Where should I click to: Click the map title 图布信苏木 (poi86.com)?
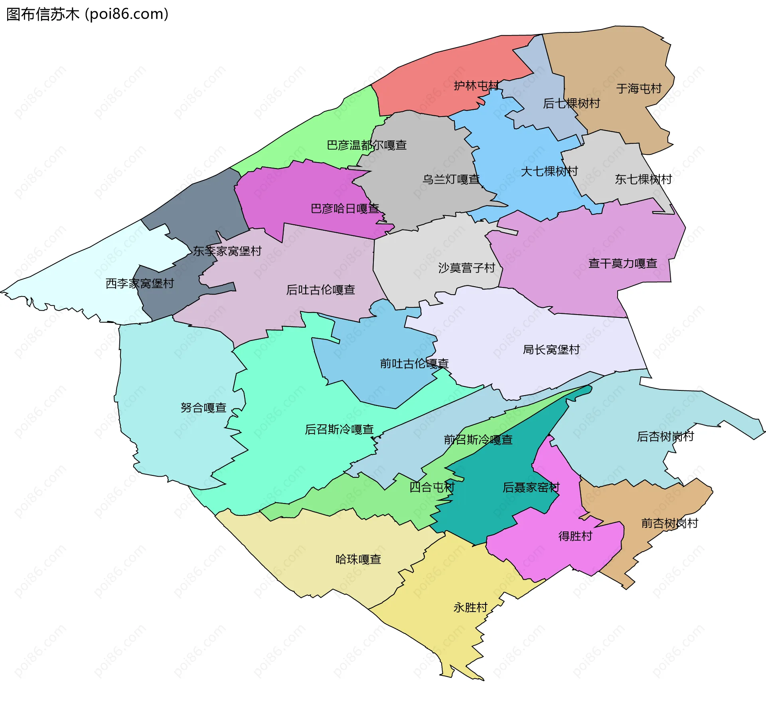coord(87,14)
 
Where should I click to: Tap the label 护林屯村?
coord(476,86)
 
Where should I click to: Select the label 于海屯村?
coord(639,88)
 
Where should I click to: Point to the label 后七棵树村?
coord(571,103)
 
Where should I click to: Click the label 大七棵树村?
coord(549,171)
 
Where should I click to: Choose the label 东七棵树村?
coord(643,179)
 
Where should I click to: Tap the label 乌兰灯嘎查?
coord(451,179)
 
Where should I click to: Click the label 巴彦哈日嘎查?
coord(345,208)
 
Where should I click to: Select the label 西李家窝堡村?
coord(140,283)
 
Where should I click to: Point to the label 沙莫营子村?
coord(466,267)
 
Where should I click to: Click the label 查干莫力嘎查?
coord(622,263)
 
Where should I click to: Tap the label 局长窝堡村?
coord(551,349)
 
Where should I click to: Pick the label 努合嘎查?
coord(203,408)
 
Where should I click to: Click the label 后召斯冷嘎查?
coord(339,429)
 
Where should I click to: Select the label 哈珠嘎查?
coord(358,559)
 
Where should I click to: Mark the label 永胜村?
coord(470,607)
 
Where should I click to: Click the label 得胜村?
coord(575,536)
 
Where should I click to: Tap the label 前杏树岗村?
coord(669,523)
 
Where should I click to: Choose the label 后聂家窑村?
coord(531,487)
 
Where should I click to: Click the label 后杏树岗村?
coord(665,436)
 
